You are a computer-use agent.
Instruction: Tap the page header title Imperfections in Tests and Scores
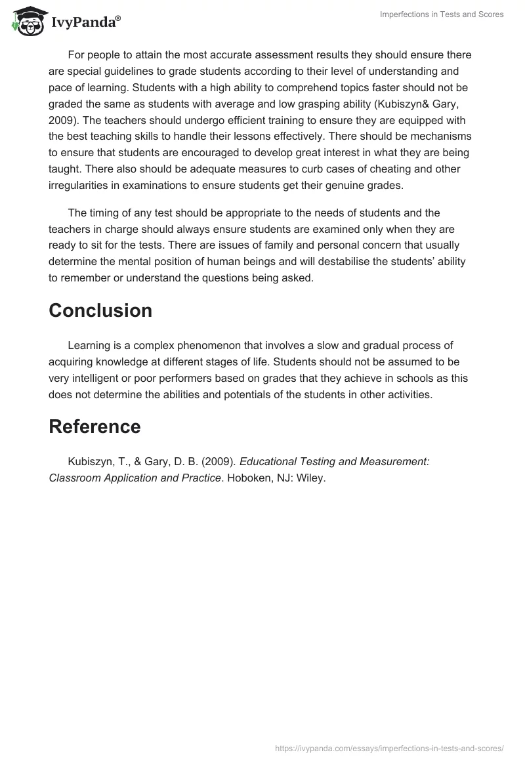(x=442, y=14)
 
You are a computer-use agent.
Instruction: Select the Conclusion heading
(x=100, y=310)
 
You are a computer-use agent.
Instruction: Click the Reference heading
(x=94, y=426)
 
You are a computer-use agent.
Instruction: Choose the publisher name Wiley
(x=310, y=478)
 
